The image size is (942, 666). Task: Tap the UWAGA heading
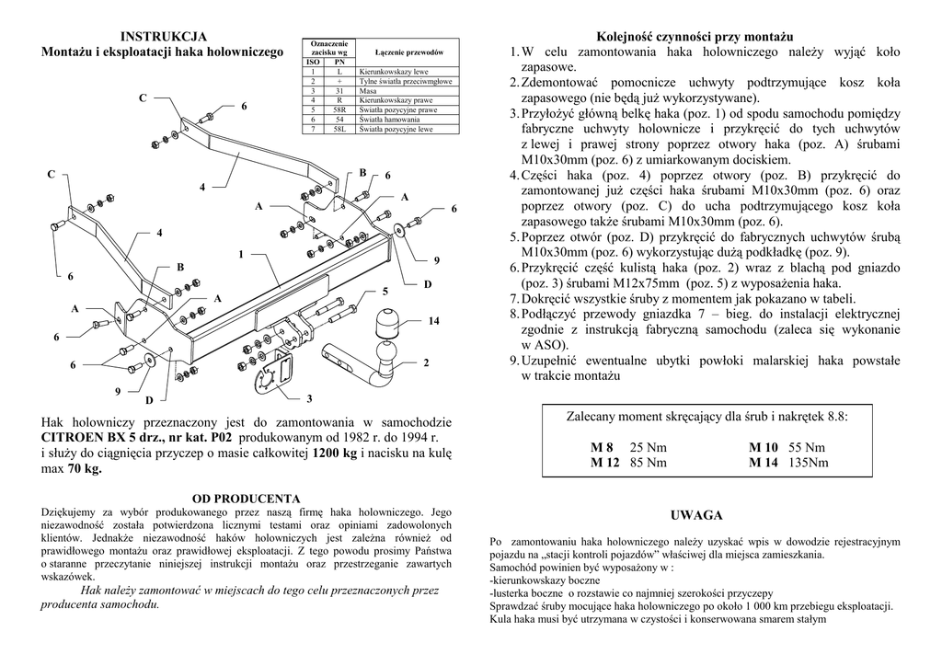pos(696,515)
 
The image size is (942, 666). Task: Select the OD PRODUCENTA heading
pos(247,499)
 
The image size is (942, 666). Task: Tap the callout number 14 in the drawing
pos(434,320)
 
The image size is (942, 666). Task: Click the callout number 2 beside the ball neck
pos(427,363)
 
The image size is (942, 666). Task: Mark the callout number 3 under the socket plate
pos(309,397)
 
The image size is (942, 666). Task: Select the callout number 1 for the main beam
pos(240,254)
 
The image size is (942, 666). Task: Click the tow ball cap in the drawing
pos(385,324)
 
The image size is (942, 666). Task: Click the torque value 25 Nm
pos(648,448)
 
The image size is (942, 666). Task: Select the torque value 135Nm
pos(809,463)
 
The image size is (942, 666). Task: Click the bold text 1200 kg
pos(335,454)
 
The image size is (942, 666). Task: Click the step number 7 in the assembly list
pos(514,299)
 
